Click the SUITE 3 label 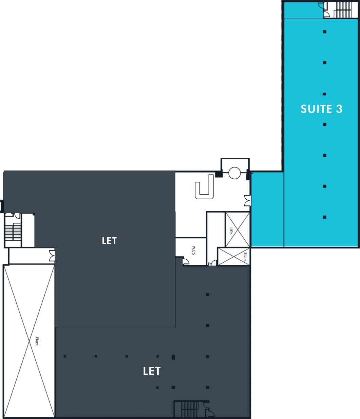[321, 109]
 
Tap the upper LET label [109, 241]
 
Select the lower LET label [152, 371]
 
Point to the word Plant [37, 341]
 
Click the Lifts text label [231, 231]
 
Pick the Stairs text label [245, 257]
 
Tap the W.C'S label [194, 250]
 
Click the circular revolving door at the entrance [234, 173]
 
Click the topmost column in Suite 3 [324, 32]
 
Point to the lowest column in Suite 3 [324, 217]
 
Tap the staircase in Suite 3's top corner [342, 10]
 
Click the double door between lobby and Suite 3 [248, 201]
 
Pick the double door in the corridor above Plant [52, 256]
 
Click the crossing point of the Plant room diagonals [30, 341]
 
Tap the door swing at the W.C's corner [186, 261]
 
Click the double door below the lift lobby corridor [212, 263]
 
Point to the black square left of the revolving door [219, 174]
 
